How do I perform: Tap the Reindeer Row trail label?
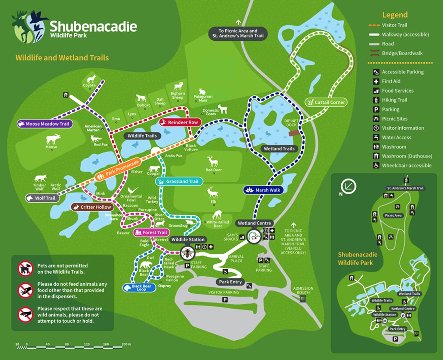pyautogui.click(x=180, y=122)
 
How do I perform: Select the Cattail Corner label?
pyautogui.click(x=326, y=102)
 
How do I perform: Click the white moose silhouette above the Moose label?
pyautogui.click(x=53, y=139)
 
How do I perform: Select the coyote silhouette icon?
pyautogui.click(x=91, y=79)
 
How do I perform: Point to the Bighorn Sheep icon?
pyautogui.click(x=179, y=86)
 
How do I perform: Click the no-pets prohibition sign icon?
pyautogui.click(x=25, y=268)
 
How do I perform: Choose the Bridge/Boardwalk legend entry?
pyautogui.click(x=402, y=53)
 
